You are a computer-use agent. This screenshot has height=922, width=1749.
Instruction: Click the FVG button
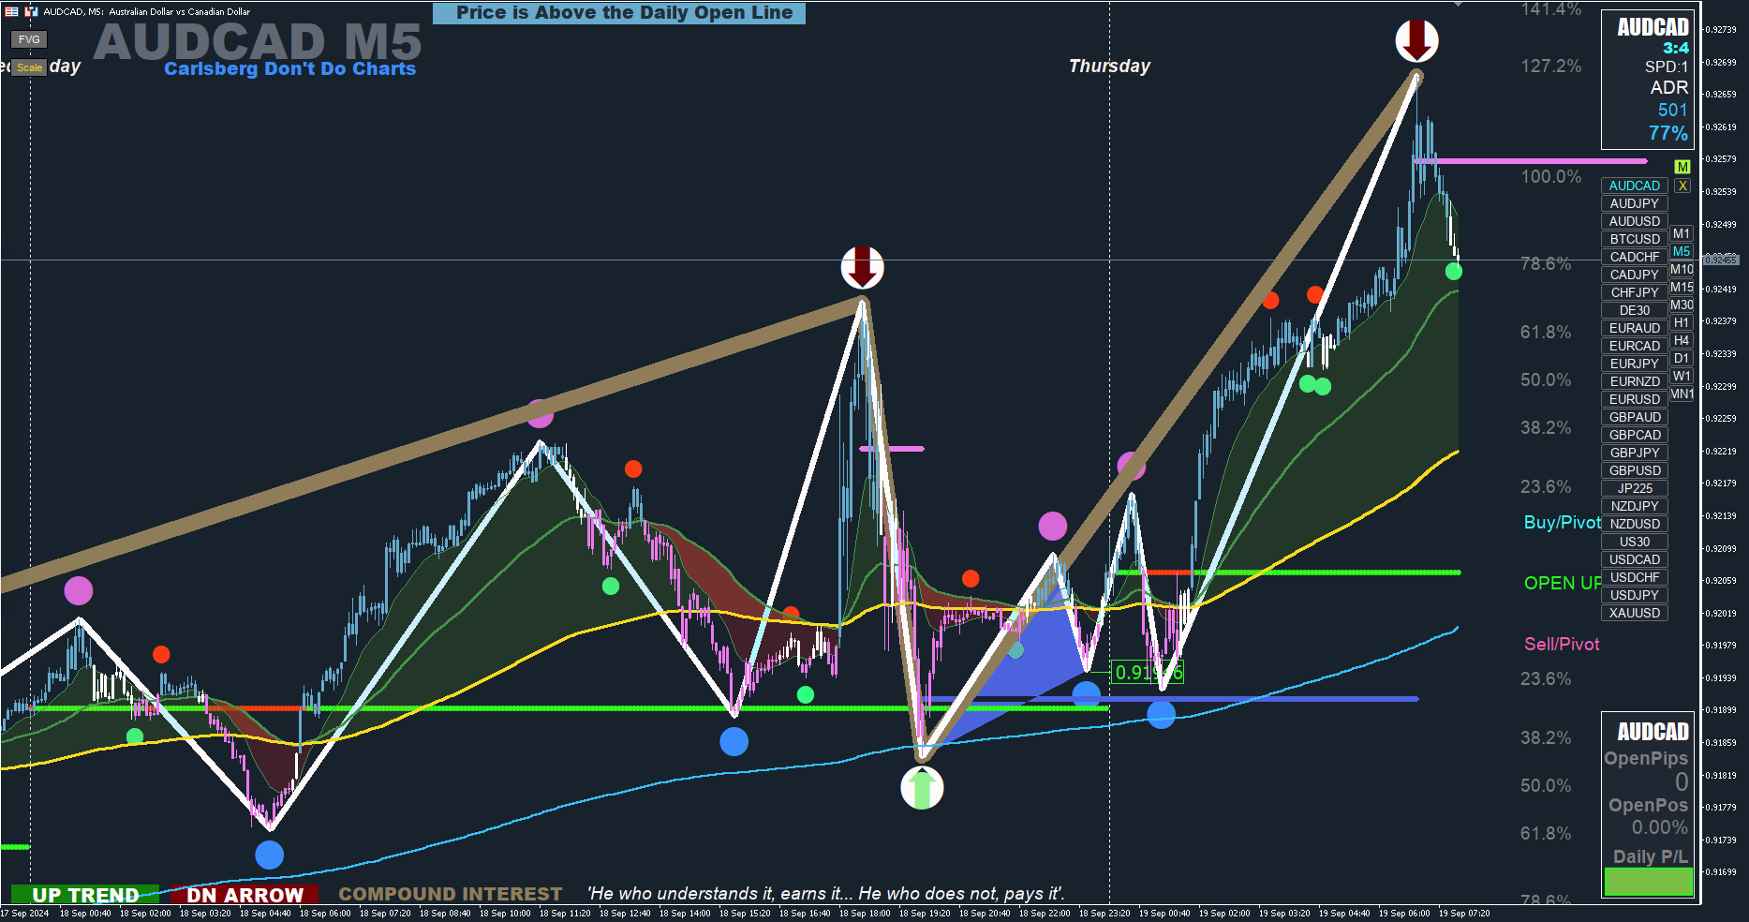pyautogui.click(x=29, y=39)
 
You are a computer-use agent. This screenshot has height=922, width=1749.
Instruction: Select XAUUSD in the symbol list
pyautogui.click(x=1634, y=613)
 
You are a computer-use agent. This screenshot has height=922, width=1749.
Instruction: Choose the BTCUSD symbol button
pyautogui.click(x=1634, y=239)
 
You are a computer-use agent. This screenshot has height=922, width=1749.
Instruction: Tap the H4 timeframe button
pyautogui.click(x=1682, y=340)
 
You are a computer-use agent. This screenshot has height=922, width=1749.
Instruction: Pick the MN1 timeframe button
pyautogui.click(x=1682, y=394)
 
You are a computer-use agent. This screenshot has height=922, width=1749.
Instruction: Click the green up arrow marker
pyautogui.click(x=922, y=788)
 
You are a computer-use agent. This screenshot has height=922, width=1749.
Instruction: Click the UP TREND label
pyautogui.click(x=85, y=895)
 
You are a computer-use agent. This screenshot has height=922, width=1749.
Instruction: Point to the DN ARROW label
pyautogui.click(x=245, y=895)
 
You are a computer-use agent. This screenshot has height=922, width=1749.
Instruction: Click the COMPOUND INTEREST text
pyautogui.click(x=450, y=894)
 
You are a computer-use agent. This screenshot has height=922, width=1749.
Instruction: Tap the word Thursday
pyautogui.click(x=1109, y=66)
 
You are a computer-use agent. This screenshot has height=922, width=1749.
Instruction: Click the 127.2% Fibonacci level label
pyautogui.click(x=1550, y=66)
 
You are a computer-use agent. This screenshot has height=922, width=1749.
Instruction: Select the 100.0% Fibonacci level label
pyautogui.click(x=1550, y=176)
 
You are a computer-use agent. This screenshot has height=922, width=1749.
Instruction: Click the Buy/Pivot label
pyautogui.click(x=1562, y=522)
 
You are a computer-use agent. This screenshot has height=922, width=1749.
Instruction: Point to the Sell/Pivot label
pyautogui.click(x=1562, y=644)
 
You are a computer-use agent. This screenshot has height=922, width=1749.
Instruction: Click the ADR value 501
pyautogui.click(x=1672, y=110)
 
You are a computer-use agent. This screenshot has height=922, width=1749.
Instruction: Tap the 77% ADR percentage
pyautogui.click(x=1667, y=133)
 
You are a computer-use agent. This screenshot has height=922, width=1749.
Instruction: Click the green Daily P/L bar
pyautogui.click(x=1648, y=881)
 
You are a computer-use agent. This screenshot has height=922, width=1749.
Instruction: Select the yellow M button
pyautogui.click(x=1682, y=167)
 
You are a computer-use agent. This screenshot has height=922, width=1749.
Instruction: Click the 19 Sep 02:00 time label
pyautogui.click(x=1224, y=913)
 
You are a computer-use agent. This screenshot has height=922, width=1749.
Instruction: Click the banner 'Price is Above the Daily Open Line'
pyautogui.click(x=619, y=13)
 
